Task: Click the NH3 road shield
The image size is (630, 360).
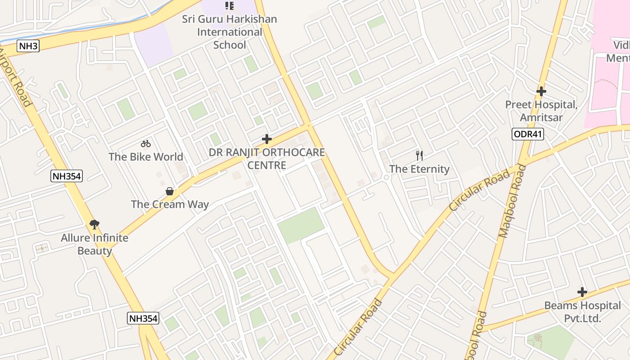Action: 28,46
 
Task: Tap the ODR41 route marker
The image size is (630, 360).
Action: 528,134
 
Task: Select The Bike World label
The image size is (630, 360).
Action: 146,157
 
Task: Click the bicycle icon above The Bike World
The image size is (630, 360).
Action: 145,144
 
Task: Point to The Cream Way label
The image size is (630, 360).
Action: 170,204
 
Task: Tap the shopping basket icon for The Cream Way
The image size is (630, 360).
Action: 170,191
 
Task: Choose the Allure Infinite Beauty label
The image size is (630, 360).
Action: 94,244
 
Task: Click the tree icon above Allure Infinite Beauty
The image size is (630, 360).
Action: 94,224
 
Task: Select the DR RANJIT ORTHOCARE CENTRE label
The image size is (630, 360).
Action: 267,159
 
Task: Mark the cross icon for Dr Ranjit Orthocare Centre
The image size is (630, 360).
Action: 267,139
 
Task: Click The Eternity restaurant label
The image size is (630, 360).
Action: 419,169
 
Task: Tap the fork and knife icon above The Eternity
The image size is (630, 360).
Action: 419,156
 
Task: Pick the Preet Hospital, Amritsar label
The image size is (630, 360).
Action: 541,111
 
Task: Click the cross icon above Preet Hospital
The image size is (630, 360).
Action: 541,91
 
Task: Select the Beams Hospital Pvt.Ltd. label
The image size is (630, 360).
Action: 582,312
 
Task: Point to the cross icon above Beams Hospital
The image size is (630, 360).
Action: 582,292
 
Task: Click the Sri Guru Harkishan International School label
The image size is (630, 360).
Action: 229,32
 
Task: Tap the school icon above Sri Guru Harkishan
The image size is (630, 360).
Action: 229,6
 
